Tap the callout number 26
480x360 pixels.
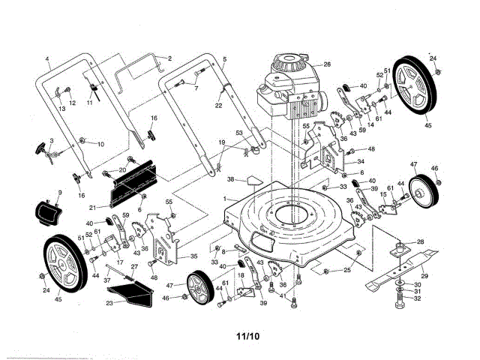(306, 64)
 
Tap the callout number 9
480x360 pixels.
(49, 194)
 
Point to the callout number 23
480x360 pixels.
(109, 303)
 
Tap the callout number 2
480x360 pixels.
(169, 58)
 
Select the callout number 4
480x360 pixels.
(46, 58)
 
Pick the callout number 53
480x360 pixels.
(238, 133)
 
